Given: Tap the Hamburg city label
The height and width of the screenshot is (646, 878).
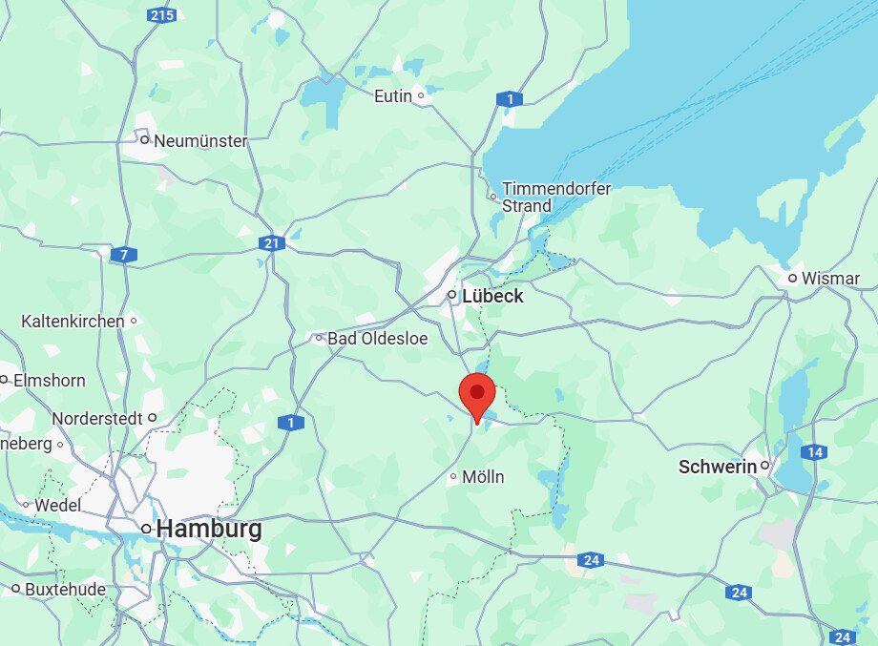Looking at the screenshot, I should [209, 529].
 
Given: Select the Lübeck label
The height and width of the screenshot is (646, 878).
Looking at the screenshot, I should [492, 296].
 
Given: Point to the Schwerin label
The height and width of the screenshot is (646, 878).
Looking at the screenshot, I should [717, 467].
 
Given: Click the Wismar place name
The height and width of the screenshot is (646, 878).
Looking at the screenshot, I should [830, 279].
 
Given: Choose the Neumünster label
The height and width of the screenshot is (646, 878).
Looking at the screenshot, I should [200, 140].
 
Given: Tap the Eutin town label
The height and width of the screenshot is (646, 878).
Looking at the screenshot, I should [393, 95].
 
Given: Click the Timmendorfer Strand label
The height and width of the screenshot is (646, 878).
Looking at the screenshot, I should [556, 198].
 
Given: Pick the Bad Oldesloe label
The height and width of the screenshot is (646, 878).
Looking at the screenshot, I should [378, 339].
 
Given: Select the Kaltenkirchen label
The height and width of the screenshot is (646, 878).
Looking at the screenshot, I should [73, 322].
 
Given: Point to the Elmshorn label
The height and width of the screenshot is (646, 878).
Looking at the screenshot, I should [49, 380].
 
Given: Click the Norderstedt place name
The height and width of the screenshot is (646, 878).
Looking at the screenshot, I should [97, 418].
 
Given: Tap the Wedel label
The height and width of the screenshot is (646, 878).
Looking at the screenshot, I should [58, 505].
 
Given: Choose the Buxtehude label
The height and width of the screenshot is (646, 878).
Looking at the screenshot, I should [65, 589].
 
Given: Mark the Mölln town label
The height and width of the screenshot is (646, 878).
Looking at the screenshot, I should [483, 476].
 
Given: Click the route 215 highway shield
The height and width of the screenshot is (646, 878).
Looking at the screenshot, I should [161, 15].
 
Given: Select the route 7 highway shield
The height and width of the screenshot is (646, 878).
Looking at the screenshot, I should [123, 255].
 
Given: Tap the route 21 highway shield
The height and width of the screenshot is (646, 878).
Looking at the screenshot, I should [272, 243].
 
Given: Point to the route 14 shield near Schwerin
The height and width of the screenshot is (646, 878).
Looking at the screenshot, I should [814, 451].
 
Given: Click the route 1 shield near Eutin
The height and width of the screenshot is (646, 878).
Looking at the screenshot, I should [510, 99].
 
